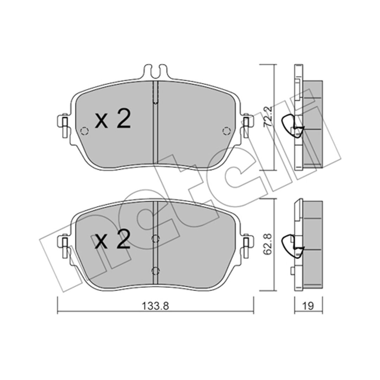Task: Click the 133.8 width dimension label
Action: [155, 306]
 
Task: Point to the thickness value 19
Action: [308, 306]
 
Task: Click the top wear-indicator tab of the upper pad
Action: [156, 71]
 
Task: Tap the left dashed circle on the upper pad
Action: [84, 131]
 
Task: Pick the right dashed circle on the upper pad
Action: [227, 131]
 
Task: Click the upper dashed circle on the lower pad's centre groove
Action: [156, 239]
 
